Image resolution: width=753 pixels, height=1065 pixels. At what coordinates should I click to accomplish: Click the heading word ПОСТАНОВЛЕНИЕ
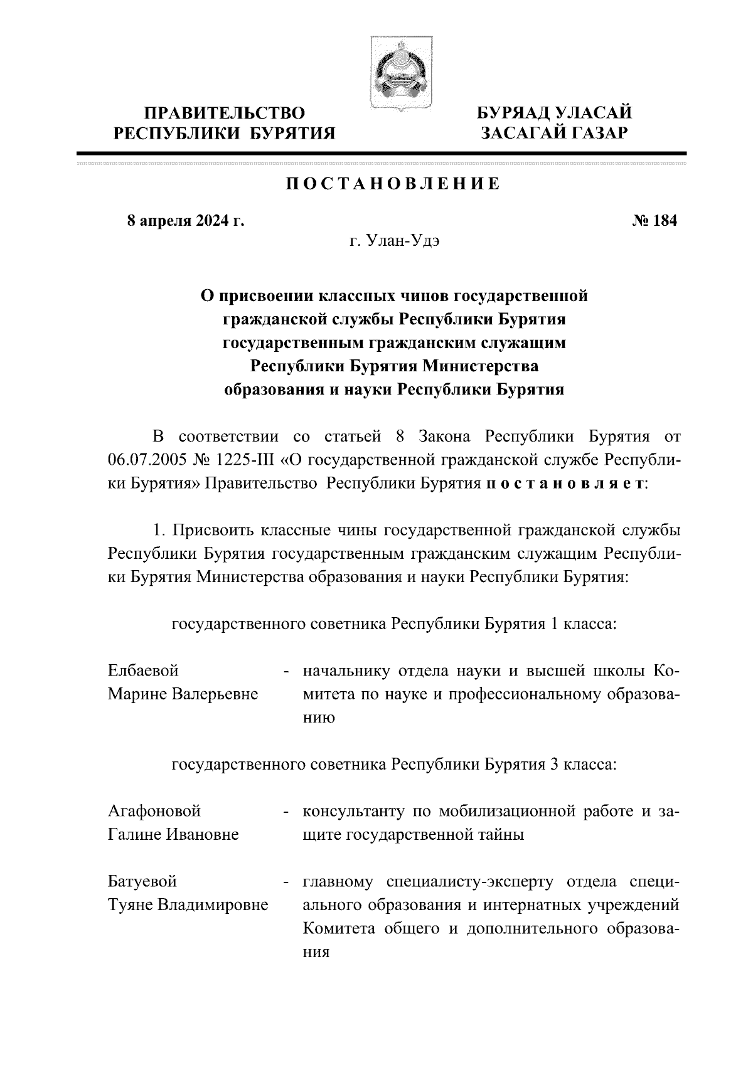click(394, 184)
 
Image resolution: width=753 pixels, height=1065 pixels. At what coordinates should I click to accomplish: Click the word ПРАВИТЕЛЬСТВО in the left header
click(225, 113)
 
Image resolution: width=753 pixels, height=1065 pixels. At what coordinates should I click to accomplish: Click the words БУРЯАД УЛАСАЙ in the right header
click(554, 113)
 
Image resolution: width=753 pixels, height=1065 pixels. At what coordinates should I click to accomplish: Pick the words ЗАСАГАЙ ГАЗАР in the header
click(554, 133)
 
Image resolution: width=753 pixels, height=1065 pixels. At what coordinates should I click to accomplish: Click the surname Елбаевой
click(143, 671)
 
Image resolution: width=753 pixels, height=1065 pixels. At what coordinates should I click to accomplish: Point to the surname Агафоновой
click(154, 811)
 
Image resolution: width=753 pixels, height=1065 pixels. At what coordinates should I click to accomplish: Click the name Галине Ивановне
click(173, 835)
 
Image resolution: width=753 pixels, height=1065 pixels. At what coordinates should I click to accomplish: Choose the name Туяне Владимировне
click(188, 905)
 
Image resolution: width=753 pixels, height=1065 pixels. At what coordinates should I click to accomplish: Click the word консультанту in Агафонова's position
click(353, 811)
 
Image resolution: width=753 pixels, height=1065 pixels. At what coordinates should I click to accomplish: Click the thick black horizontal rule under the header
click(381, 153)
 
